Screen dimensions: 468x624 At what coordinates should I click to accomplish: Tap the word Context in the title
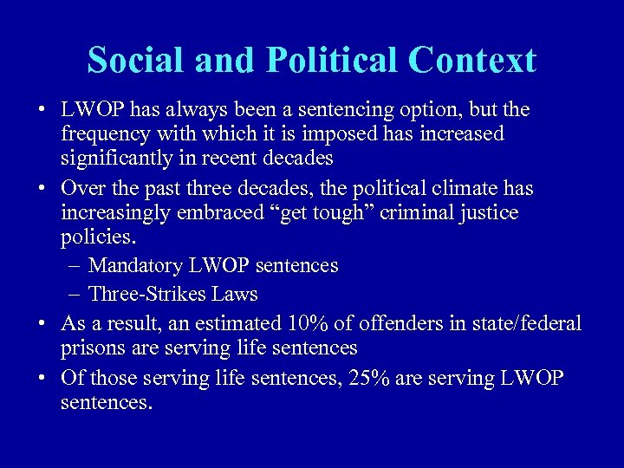coord(472,60)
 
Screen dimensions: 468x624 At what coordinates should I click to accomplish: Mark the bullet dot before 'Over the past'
coord(42,189)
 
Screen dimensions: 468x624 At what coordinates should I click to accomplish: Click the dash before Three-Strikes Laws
coord(73,294)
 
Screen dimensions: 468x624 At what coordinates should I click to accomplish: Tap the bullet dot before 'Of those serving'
coord(42,378)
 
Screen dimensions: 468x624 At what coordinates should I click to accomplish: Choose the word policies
coord(96,237)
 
